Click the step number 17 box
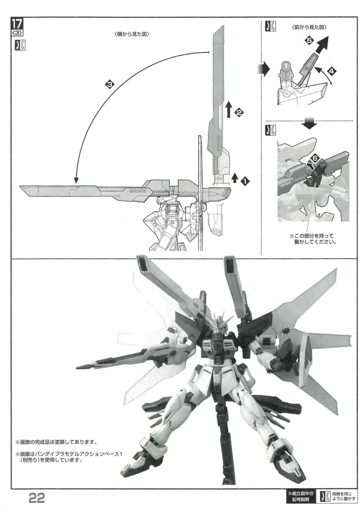click(x=17, y=24)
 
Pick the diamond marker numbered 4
click(x=331, y=72)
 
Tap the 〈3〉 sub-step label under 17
click(x=17, y=33)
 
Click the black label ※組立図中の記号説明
click(x=301, y=501)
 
